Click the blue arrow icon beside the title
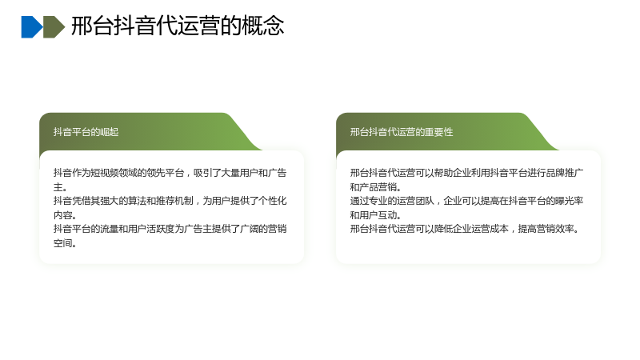click(32, 27)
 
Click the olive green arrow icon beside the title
click(54, 27)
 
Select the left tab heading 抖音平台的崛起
click(86, 132)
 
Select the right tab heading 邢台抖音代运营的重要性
click(402, 132)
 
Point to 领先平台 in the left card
click(165, 173)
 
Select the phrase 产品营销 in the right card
click(378, 187)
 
